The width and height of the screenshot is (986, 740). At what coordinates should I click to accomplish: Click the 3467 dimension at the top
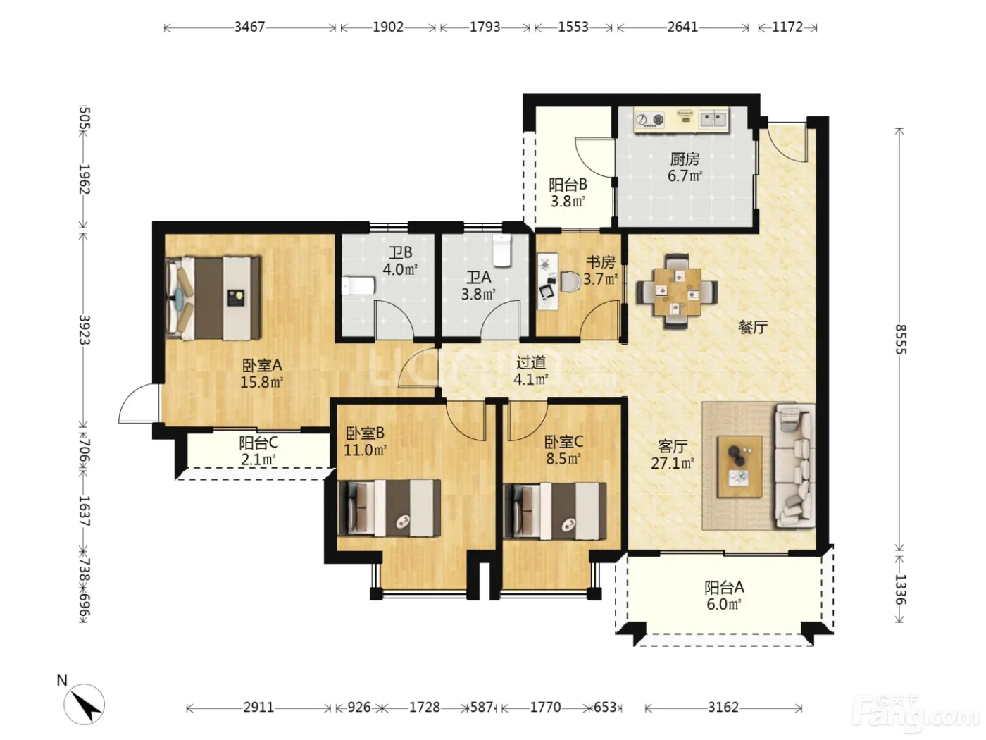tap(250, 27)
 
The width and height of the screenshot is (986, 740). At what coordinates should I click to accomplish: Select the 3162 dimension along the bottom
tap(723, 708)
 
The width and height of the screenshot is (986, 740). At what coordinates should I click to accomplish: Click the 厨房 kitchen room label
tap(685, 159)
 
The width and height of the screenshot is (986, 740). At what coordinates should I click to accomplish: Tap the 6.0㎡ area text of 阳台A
tap(724, 604)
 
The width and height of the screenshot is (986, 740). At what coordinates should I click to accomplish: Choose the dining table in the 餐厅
tap(677, 292)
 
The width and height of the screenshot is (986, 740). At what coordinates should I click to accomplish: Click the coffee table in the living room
tap(739, 467)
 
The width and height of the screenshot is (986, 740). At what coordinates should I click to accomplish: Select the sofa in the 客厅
tap(794, 465)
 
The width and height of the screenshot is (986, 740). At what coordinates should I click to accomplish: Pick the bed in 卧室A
tap(213, 298)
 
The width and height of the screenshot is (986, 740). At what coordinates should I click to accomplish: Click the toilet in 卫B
tap(358, 285)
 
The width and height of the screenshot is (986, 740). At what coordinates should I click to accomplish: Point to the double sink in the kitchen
tap(713, 120)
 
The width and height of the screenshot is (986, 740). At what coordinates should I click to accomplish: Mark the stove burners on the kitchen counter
tap(650, 120)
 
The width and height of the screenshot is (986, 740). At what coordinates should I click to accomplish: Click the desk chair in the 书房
tap(569, 281)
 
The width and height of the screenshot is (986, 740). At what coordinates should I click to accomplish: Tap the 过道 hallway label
tap(531, 362)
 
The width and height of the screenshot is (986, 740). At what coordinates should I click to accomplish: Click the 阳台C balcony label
tap(258, 443)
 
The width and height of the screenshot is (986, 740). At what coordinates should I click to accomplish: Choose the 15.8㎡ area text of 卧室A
tap(261, 383)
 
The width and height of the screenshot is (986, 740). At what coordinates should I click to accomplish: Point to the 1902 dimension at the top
tap(388, 27)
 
